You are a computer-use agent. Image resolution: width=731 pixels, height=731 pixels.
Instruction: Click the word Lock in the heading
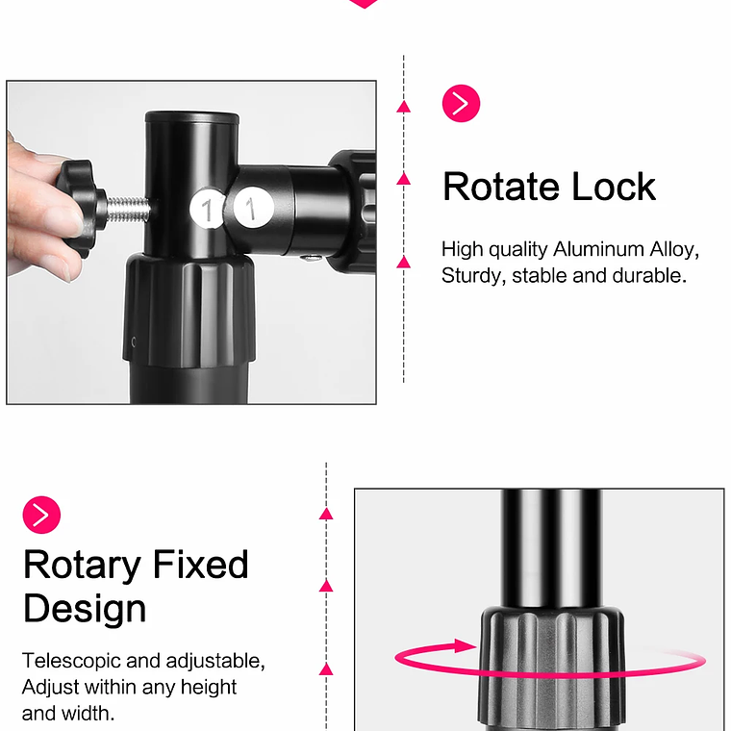tap(614, 187)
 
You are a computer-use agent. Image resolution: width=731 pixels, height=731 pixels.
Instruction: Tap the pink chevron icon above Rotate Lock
tap(461, 104)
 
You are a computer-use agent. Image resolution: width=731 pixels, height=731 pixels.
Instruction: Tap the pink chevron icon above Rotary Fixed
tap(41, 515)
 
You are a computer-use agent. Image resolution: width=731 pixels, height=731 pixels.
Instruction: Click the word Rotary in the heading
tap(82, 566)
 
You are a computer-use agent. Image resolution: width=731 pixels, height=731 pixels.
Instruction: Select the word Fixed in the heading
tap(200, 565)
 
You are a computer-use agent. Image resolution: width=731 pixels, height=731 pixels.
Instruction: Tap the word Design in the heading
tap(85, 609)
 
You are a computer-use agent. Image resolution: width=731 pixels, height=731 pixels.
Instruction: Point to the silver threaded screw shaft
tap(129, 209)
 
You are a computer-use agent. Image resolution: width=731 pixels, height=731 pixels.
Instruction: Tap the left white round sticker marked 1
tap(208, 209)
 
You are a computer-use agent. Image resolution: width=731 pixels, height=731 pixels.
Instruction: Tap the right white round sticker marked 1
tap(252, 208)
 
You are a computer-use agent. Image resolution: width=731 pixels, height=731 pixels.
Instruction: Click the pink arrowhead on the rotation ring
tap(465, 646)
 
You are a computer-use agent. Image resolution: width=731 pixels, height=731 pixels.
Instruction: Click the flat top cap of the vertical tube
tap(192, 116)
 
